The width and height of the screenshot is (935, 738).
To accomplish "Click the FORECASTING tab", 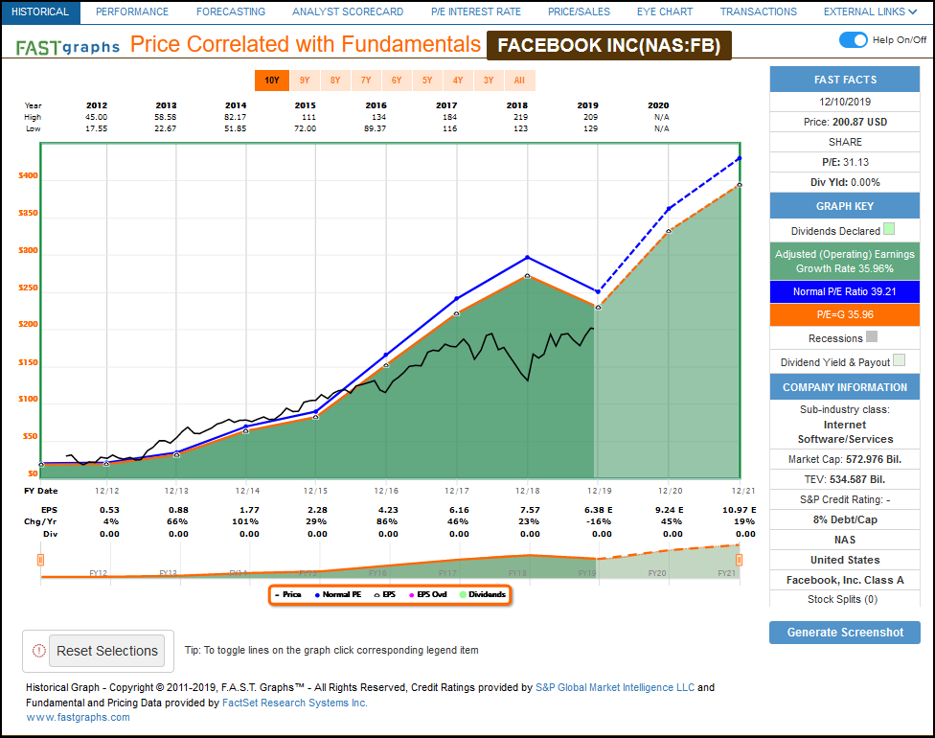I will pyautogui.click(x=230, y=12).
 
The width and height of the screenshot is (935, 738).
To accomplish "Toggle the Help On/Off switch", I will pyautogui.click(x=853, y=39).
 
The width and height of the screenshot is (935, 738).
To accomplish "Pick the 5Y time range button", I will pyautogui.click(x=427, y=81).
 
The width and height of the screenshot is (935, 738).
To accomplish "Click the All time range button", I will pyautogui.click(x=519, y=81).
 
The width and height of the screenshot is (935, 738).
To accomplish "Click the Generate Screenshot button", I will pyautogui.click(x=844, y=633).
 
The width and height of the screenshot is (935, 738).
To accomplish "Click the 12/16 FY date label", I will pyautogui.click(x=386, y=491).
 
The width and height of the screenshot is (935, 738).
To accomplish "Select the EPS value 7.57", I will pyautogui.click(x=530, y=510).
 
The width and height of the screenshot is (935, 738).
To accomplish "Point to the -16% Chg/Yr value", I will pyautogui.click(x=599, y=521).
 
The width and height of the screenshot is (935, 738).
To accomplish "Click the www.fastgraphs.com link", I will pyautogui.click(x=79, y=717).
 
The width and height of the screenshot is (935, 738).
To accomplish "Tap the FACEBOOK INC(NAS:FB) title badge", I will pyautogui.click(x=608, y=45).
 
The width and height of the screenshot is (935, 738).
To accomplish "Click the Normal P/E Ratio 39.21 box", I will pyautogui.click(x=844, y=291).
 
